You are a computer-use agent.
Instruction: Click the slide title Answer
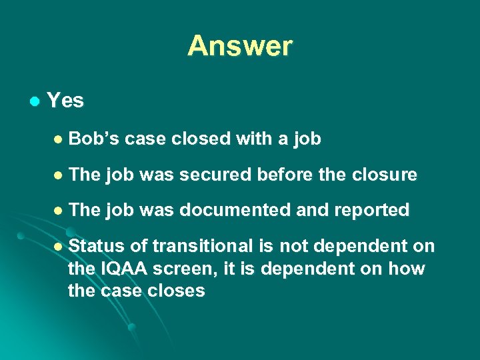[239, 46]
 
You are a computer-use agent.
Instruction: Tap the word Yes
[65, 101]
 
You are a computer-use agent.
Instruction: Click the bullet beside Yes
[35, 101]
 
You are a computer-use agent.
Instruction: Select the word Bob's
[94, 139]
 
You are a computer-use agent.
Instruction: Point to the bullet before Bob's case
[57, 139]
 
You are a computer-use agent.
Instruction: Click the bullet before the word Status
[57, 247]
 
